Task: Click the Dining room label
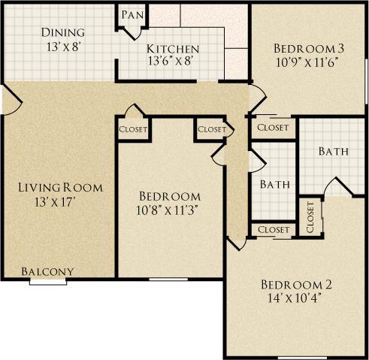click(x=62, y=32)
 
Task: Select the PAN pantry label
click(x=133, y=14)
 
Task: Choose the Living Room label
click(x=60, y=187)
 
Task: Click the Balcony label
click(x=47, y=271)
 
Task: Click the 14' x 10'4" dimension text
click(x=295, y=298)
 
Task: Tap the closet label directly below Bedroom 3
click(x=272, y=128)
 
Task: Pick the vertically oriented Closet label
click(x=310, y=217)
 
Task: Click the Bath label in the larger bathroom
click(x=333, y=151)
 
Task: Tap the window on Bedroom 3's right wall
click(x=366, y=75)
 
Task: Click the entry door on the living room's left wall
click(x=6, y=98)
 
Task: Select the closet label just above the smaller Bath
click(x=212, y=129)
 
